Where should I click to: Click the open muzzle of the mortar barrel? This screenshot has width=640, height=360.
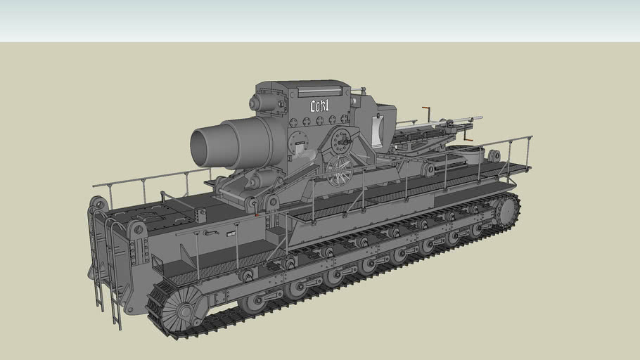[x=203, y=144]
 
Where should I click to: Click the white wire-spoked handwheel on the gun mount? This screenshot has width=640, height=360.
[x=340, y=170]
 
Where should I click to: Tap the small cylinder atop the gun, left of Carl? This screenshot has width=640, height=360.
[x=263, y=103]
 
